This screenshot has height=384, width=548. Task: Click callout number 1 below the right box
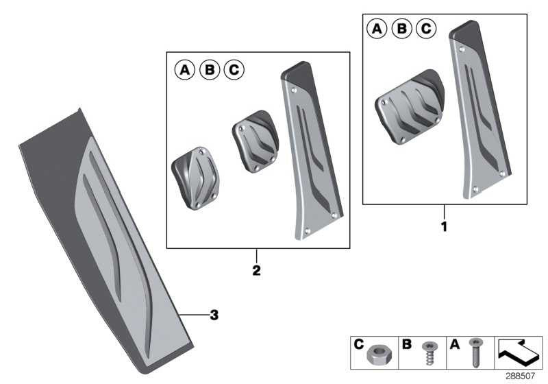(x=444, y=226)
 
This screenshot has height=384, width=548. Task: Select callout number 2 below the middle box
(x=256, y=270)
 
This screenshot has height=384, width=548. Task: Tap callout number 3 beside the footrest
(x=214, y=315)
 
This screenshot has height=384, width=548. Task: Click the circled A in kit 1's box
(x=375, y=29)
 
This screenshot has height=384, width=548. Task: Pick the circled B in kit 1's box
(x=401, y=29)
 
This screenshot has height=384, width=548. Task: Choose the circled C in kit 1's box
(x=426, y=29)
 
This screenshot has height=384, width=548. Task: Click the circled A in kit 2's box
(x=184, y=69)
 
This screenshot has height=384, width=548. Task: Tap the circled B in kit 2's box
(x=209, y=69)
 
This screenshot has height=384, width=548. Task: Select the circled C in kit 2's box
(x=234, y=69)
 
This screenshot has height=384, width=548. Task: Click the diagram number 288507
(x=523, y=376)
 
